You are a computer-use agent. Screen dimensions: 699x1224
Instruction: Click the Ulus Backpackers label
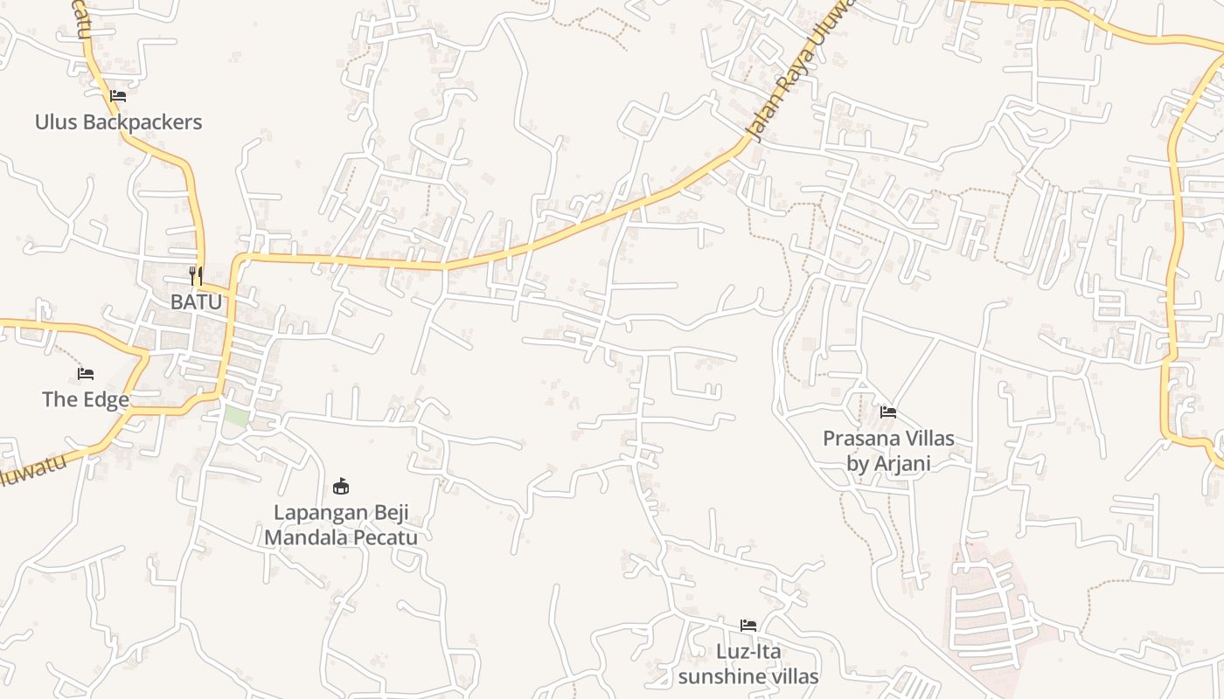coord(118,122)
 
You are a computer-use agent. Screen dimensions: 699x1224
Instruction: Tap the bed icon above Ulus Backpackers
coord(118,95)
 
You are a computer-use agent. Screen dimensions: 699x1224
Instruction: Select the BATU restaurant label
coord(196,301)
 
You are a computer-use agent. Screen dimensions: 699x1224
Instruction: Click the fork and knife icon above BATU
coord(196,276)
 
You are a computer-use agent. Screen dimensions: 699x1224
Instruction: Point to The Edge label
coord(86,400)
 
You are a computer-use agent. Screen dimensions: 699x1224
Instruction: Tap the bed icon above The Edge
coord(86,374)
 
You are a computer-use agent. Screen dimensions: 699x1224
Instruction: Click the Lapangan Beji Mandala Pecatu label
coord(341,524)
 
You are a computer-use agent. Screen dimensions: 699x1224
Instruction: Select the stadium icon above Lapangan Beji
coord(341,486)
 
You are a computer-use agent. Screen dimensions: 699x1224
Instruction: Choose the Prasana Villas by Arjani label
coord(888,450)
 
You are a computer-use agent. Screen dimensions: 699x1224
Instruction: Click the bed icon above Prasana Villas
coord(888,412)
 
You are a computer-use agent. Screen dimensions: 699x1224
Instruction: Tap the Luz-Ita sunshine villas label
coord(748,664)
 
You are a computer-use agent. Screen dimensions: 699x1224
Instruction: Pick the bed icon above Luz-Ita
coord(748,625)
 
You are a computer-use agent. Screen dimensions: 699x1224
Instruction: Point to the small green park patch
coord(236,415)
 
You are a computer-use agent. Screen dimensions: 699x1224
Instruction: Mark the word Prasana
coord(859,438)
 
